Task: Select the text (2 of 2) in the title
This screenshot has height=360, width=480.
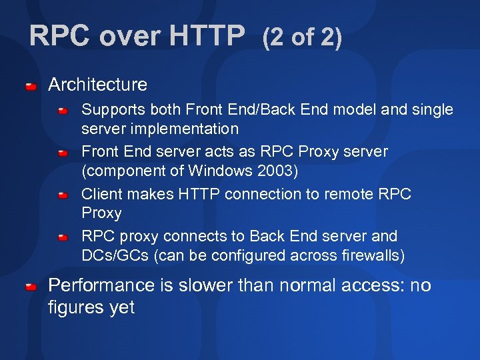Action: tap(302, 38)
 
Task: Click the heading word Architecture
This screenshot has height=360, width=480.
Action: tap(97, 85)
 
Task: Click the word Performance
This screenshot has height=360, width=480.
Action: tap(101, 286)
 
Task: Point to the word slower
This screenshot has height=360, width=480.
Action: tap(203, 286)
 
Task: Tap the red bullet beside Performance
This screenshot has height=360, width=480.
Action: tap(31, 287)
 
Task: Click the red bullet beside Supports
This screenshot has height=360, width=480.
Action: tap(63, 111)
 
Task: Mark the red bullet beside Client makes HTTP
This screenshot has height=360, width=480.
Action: tap(63, 195)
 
